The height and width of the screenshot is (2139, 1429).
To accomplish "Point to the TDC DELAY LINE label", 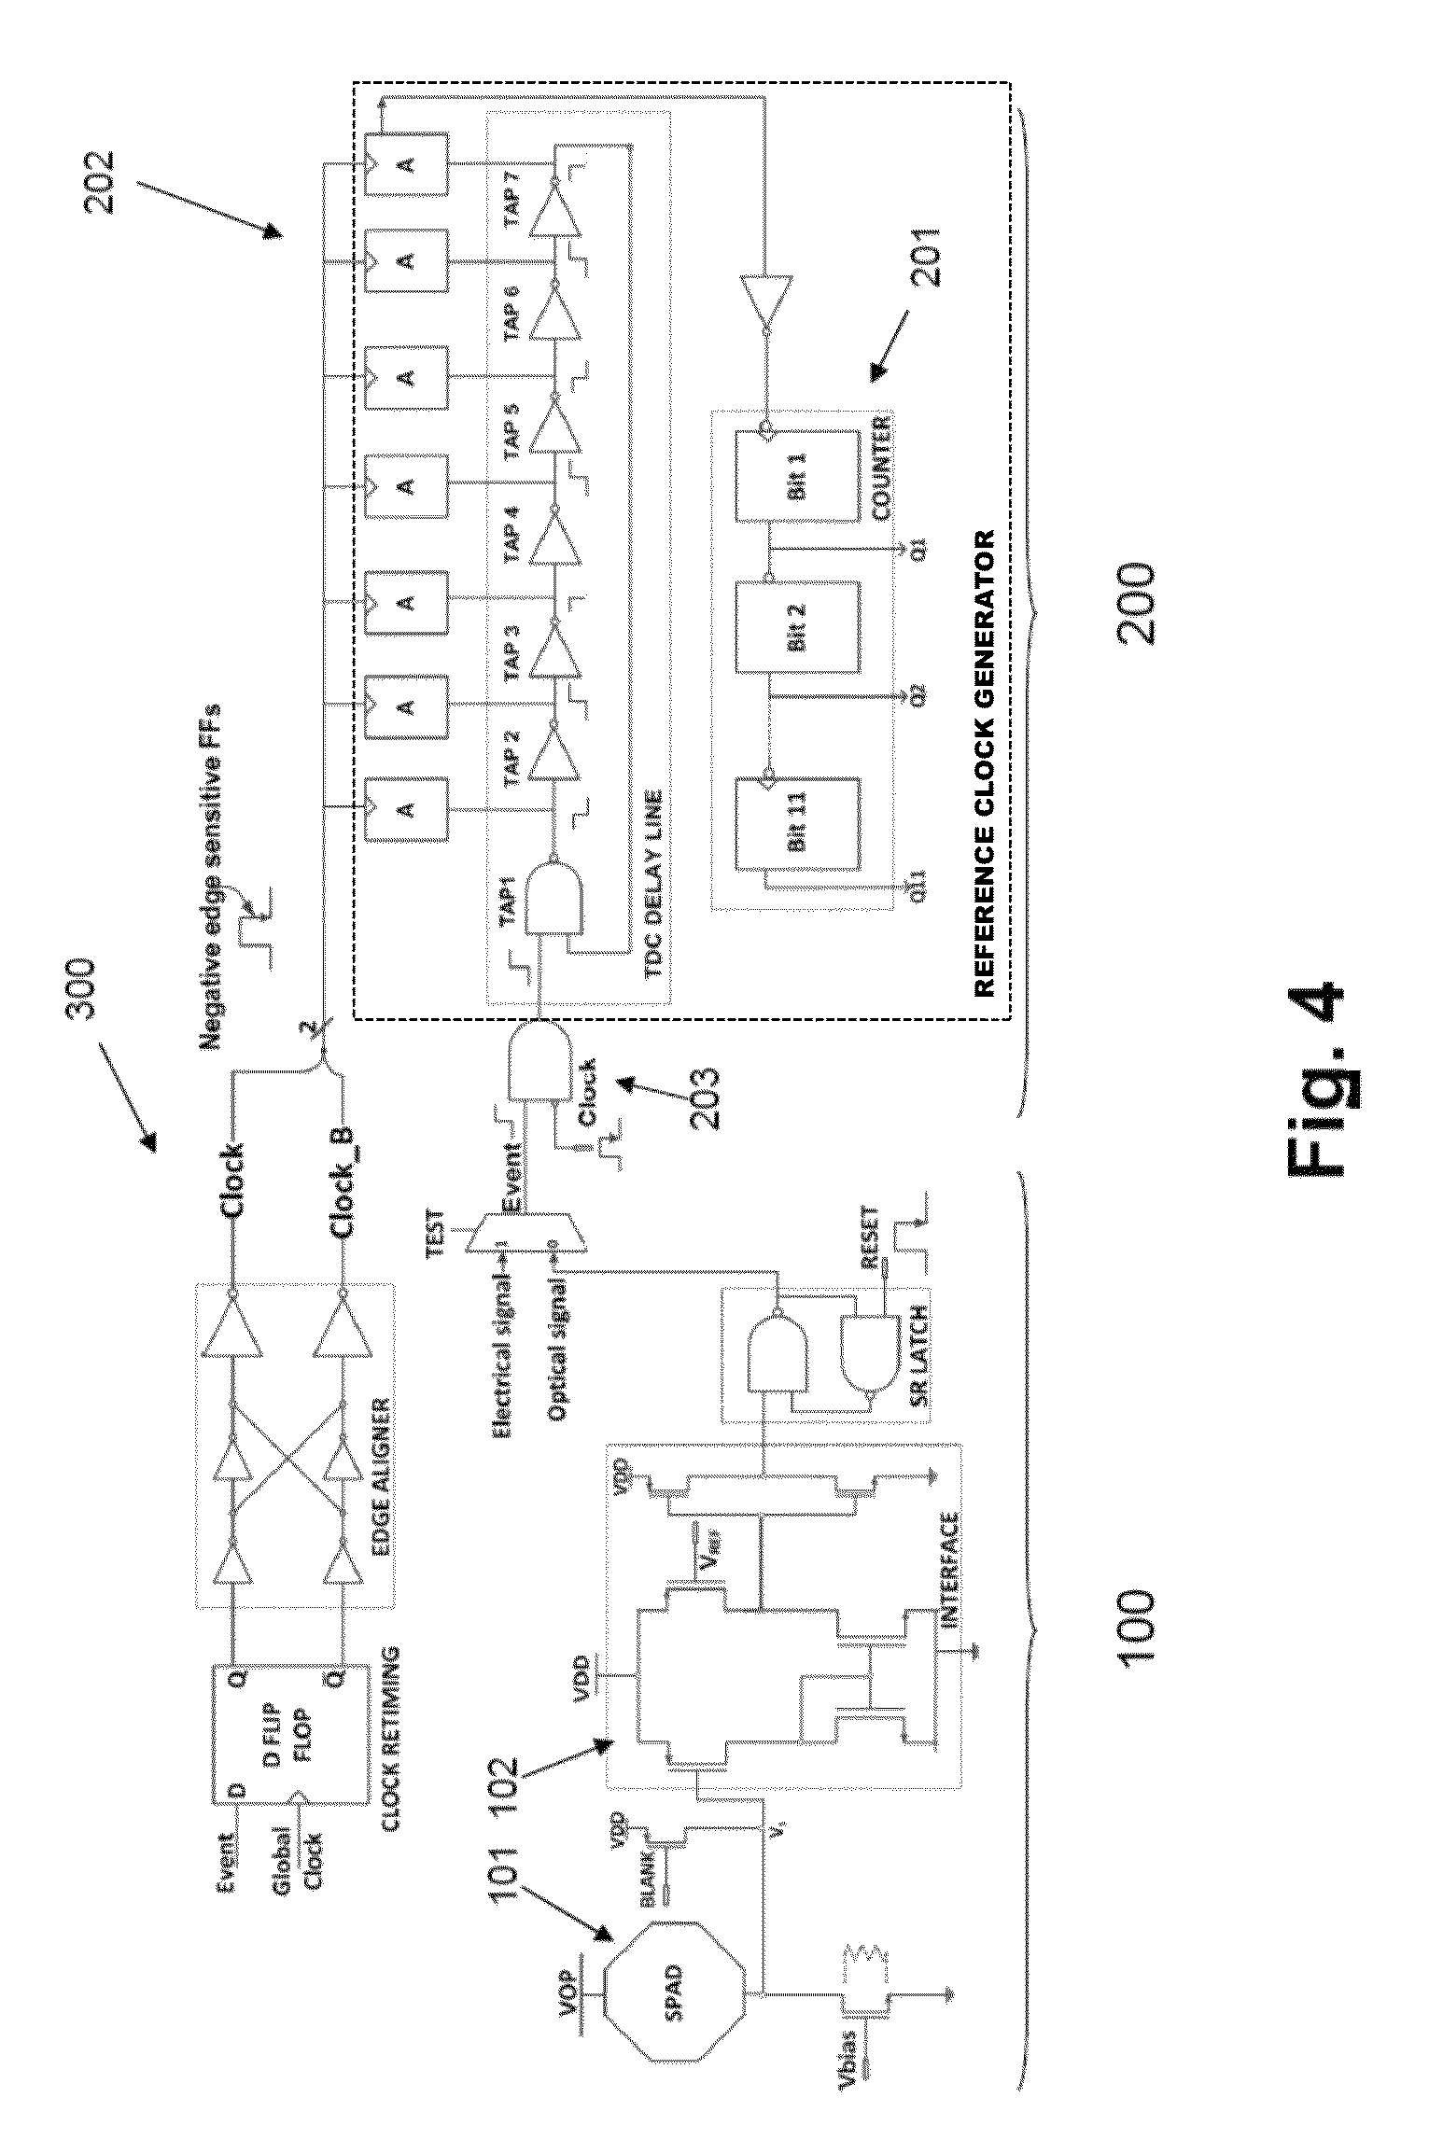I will (x=651, y=890).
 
